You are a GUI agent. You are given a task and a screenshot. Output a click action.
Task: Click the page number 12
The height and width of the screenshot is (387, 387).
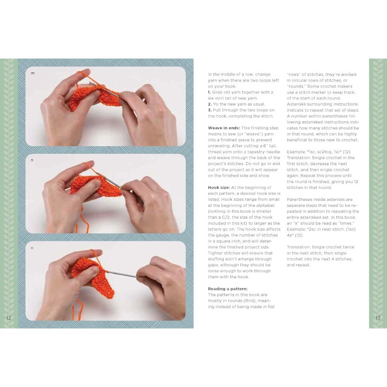(9, 318)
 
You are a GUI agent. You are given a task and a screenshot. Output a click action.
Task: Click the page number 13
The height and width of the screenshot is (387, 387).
(378, 318)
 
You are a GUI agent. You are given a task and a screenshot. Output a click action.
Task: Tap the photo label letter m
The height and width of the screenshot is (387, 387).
(33, 73)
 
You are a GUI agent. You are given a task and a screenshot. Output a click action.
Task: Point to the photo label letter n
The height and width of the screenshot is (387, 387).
(32, 160)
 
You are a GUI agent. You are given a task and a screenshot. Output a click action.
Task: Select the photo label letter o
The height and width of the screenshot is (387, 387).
(32, 248)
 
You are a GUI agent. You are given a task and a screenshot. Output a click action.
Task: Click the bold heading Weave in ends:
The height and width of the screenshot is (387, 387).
(224, 128)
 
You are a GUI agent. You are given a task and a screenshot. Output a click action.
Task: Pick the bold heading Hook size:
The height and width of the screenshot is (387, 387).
(219, 188)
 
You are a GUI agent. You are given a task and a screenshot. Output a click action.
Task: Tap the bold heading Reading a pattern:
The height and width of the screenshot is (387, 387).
(228, 289)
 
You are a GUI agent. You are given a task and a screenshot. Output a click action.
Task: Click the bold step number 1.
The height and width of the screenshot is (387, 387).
(209, 92)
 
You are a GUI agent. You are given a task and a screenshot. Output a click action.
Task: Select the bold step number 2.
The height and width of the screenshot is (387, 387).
(210, 104)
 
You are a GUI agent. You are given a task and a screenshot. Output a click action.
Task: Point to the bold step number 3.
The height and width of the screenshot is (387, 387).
(210, 110)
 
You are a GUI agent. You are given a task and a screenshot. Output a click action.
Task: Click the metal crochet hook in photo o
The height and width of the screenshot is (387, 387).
(122, 274)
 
